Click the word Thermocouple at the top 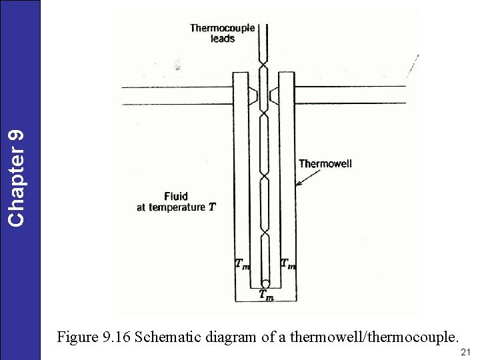click(x=222, y=28)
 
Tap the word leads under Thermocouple click(x=223, y=39)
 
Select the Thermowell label click(x=325, y=163)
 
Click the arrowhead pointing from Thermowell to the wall click(x=297, y=183)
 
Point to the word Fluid click(x=176, y=196)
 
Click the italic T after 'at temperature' click(x=212, y=207)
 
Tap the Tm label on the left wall click(x=243, y=263)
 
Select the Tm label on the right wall click(x=288, y=263)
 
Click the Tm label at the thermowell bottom click(x=265, y=295)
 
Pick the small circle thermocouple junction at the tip click(x=265, y=284)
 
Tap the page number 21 click(x=466, y=351)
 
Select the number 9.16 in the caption click(x=116, y=337)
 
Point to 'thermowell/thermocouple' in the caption click(x=369, y=337)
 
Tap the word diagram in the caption click(x=235, y=337)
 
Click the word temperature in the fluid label click(x=177, y=207)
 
